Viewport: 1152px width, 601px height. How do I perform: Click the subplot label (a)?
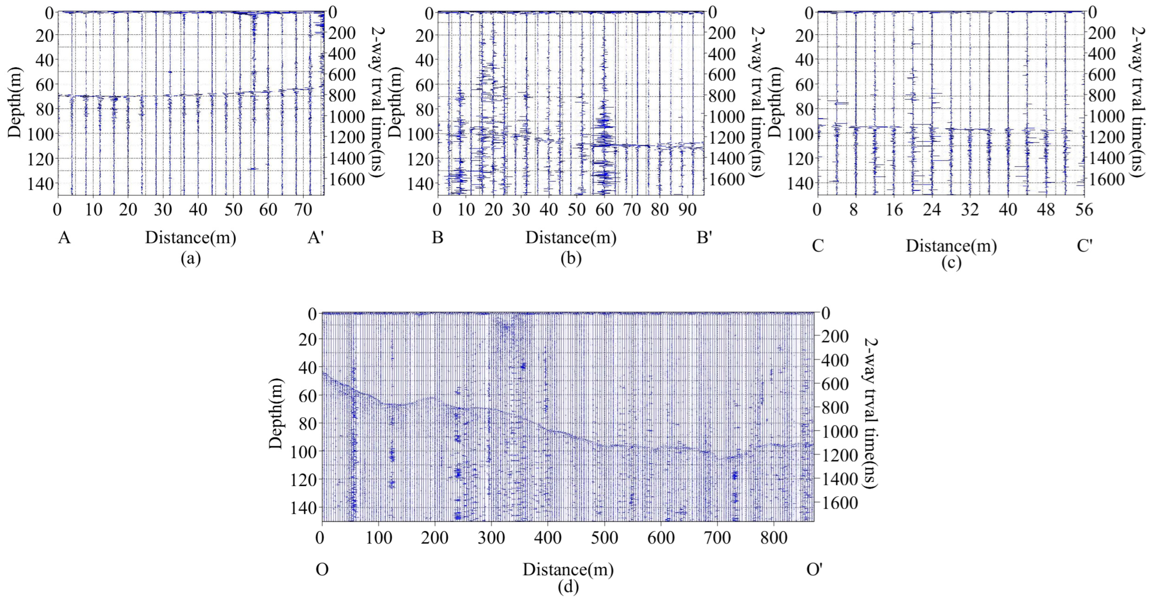pos(191,259)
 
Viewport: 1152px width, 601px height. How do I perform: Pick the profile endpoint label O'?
pos(814,570)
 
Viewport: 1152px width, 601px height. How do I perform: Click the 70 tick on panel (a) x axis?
pos(303,210)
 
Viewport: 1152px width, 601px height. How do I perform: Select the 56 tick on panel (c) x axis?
pos(1084,210)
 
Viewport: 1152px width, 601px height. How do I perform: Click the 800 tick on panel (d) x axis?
pos(774,537)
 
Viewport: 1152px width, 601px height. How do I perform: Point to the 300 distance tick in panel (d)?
pos(491,537)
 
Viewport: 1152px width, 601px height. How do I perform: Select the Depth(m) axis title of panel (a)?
pos(15,102)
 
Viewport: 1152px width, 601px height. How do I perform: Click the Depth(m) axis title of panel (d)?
pos(276,413)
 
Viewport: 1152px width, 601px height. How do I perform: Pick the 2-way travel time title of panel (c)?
pos(1141,102)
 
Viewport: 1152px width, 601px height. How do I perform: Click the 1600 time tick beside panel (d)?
pos(841,503)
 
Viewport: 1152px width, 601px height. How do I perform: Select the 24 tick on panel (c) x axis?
pos(932,210)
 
